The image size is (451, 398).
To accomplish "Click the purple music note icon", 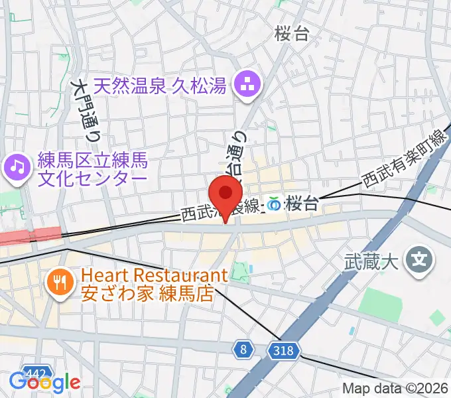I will pos(17,166).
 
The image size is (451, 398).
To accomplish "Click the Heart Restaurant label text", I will pos(154,275).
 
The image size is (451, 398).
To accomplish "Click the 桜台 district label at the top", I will pos(292,34).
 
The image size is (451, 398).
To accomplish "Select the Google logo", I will pos(44,382).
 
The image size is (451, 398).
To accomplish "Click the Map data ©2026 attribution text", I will pos(395,389).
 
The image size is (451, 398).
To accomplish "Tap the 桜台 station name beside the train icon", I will pos(301,204).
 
